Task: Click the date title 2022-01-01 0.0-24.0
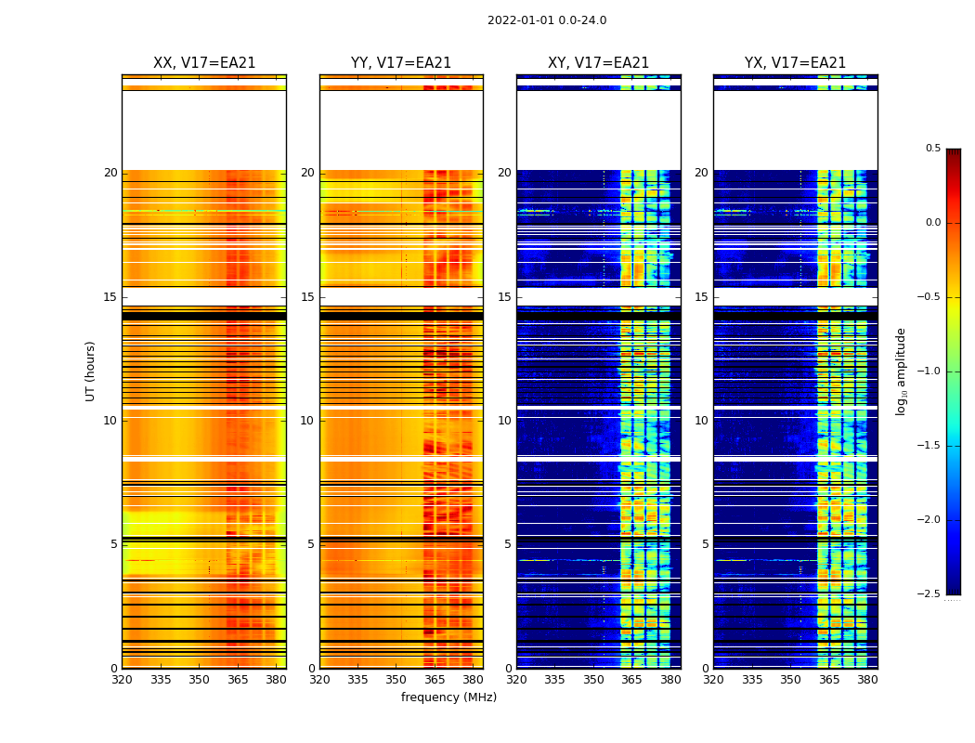[547, 20]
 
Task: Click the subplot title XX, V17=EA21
[204, 63]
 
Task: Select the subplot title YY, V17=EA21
[401, 63]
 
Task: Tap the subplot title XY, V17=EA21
[599, 63]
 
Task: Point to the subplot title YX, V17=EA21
[796, 63]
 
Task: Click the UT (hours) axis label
[91, 371]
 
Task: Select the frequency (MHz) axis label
[448, 697]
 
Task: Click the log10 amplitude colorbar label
[901, 371]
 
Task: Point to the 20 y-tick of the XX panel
[110, 173]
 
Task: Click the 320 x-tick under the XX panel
[122, 680]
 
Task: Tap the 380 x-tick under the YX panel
[867, 680]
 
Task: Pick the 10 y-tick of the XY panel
[505, 421]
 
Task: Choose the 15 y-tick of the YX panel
[702, 297]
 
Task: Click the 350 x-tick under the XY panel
[593, 680]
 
